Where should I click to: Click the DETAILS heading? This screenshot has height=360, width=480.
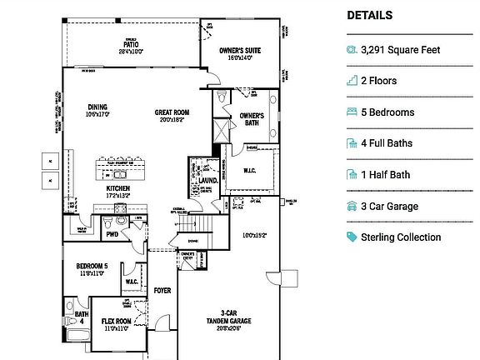(369, 15)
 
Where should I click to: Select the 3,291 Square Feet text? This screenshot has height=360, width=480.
(400, 50)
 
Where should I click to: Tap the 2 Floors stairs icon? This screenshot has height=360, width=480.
(351, 81)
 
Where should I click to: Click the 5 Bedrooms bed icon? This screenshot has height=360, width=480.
(351, 112)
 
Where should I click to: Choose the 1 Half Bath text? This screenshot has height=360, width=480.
(385, 175)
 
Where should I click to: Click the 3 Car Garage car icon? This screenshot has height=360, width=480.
(351, 206)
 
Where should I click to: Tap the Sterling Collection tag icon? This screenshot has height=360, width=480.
(351, 237)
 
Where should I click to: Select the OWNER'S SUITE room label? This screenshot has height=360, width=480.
(240, 52)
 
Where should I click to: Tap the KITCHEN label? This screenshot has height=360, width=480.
(117, 188)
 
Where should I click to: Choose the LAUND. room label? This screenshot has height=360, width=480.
(207, 179)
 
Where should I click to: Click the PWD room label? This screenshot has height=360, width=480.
(112, 234)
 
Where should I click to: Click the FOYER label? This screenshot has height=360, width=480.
(162, 291)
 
